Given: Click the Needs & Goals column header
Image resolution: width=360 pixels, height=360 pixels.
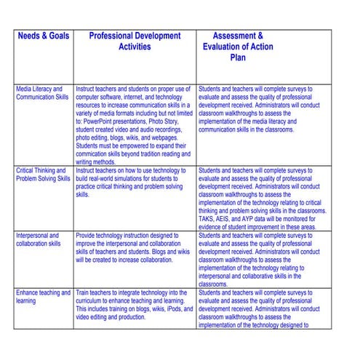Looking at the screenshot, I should (x=43, y=35).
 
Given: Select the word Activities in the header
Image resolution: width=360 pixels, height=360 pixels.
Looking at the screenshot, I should (x=135, y=47).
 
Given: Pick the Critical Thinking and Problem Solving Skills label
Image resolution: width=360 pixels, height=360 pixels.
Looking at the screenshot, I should (x=43, y=175).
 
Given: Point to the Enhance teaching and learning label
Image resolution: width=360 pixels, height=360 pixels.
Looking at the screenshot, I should (x=43, y=297).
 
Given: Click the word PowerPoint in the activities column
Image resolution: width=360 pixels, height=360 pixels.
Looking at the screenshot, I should (x=101, y=121).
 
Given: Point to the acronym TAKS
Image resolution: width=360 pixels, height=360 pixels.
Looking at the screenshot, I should (x=207, y=219).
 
